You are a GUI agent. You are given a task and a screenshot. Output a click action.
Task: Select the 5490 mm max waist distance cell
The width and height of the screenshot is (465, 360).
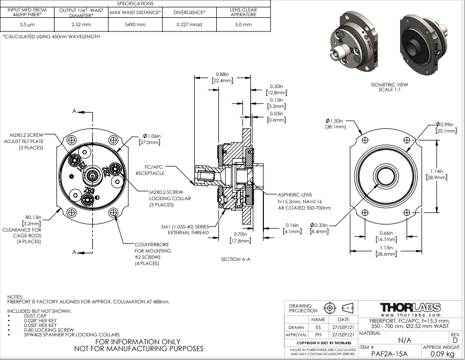point(135,25)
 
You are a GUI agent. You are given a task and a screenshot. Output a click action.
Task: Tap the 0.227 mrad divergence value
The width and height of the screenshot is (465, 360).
point(190,25)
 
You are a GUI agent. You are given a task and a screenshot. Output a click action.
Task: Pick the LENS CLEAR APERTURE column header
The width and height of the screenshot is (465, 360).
point(243,13)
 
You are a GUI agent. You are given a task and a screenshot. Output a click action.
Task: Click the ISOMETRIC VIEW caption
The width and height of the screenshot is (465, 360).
point(389,84)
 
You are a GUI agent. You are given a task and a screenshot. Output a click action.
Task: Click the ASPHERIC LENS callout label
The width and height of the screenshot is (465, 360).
point(295,193)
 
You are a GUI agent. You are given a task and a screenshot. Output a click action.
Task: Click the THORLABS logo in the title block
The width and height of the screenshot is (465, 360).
point(410,307)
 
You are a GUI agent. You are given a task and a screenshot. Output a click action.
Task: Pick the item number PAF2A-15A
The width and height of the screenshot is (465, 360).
point(390,354)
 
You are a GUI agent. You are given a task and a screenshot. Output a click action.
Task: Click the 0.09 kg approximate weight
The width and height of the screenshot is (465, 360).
point(440,354)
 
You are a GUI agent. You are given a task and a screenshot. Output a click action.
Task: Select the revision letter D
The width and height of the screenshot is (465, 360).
point(455,340)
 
